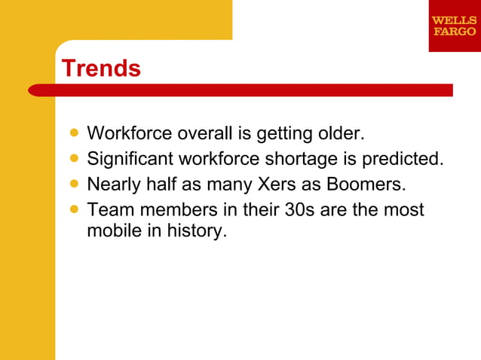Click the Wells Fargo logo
point(454,26)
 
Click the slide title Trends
point(101,69)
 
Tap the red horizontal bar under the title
point(241,90)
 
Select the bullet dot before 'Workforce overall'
point(73,133)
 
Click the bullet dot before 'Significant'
point(73,159)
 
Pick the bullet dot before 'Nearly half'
point(73,184)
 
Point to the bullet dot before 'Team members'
point(73,209)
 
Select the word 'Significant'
point(130,160)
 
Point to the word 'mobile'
point(112,230)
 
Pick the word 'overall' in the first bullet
point(204,134)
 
